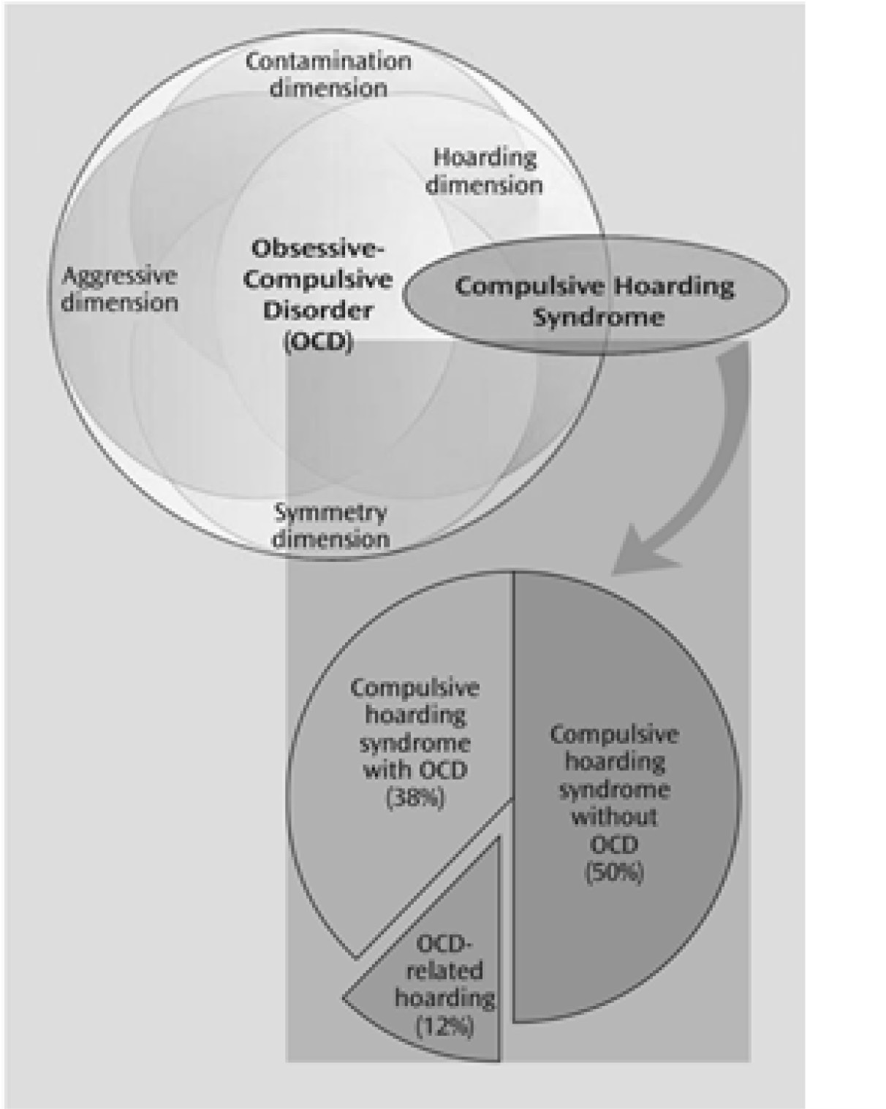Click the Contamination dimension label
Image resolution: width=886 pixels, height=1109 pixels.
pos(327,75)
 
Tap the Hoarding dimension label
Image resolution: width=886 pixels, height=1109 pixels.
pos(484,171)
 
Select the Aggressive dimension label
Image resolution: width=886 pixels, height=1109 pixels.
pos(119,289)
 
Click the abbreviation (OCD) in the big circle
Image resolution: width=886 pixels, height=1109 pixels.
pos(317,342)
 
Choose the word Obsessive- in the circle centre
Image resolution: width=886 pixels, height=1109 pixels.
pos(318,248)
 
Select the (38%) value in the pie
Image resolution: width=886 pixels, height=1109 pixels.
pos(414,798)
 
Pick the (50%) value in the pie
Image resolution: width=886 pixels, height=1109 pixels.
pos(614,872)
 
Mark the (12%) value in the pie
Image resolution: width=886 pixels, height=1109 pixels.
pos(444,1026)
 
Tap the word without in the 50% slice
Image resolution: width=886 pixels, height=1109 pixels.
pos(614,817)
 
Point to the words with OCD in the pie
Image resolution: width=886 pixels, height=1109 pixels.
pos(414,770)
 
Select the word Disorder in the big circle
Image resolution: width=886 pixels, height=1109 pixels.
pos(317,310)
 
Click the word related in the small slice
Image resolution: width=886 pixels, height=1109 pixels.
pos(444,971)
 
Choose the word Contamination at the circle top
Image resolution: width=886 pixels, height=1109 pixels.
pos(327,61)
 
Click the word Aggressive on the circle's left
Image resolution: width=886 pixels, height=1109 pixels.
pos(119,276)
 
